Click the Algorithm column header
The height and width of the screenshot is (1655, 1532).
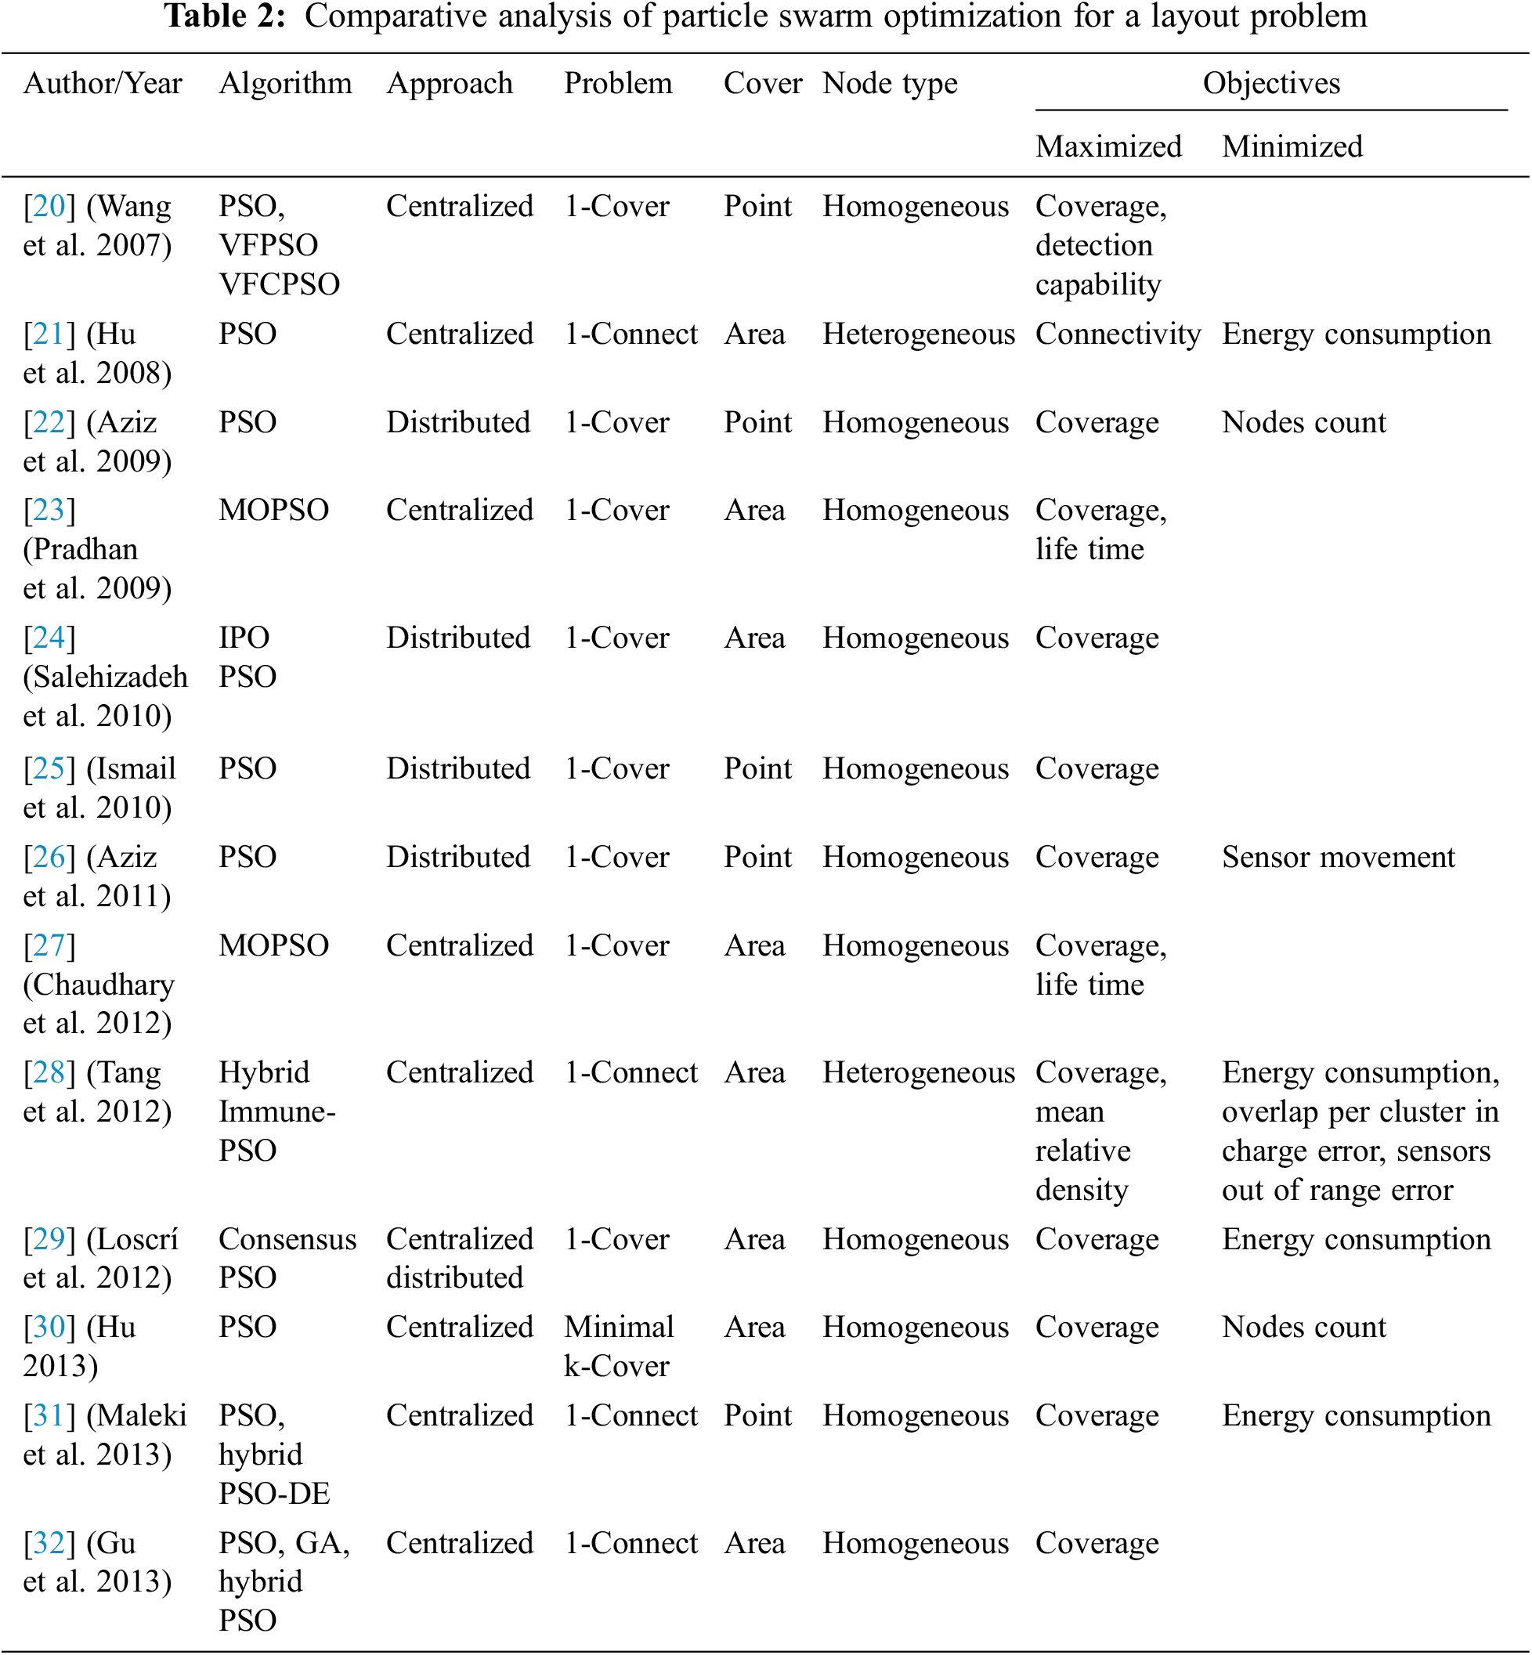285,84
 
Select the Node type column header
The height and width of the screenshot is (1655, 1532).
890,84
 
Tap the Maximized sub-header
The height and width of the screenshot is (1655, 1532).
1107,146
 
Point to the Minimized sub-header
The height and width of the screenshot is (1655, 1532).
1292,146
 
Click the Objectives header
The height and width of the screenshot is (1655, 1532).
1271,84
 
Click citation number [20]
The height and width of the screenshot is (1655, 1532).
49,207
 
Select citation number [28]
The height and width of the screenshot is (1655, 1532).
49,1073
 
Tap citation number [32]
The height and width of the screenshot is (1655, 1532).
49,1543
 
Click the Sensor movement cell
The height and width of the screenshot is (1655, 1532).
1338,858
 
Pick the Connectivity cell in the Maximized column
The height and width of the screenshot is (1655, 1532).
1118,334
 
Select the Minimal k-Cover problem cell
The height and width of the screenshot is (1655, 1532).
619,1346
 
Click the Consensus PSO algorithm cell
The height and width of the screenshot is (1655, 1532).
287,1259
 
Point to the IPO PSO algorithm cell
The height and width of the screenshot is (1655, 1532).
247,657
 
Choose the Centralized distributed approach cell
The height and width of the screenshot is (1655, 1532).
459,1259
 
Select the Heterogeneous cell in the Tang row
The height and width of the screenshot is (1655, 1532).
918,1073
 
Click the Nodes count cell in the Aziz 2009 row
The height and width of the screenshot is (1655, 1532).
1303,423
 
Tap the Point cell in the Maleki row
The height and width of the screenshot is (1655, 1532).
757,1416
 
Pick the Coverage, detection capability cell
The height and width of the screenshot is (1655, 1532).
1100,245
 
